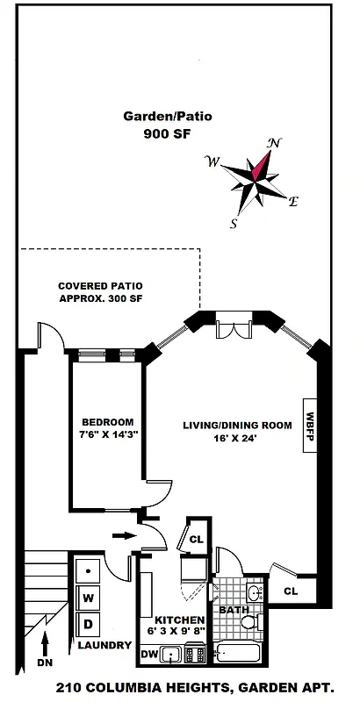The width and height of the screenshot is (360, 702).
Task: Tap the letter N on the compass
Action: [275, 143]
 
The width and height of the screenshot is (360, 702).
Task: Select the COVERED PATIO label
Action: [100, 286]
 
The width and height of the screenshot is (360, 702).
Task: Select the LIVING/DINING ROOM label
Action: [237, 426]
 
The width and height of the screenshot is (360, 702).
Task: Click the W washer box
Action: [90, 598]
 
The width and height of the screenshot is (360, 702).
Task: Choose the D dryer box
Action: [90, 624]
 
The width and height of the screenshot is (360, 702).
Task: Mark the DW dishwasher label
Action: [151, 655]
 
